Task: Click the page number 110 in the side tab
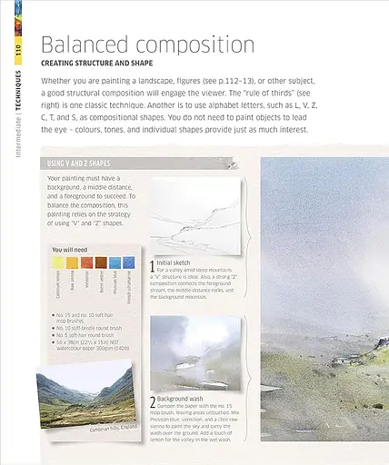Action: [x=17, y=52]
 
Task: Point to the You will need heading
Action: [x=70, y=248]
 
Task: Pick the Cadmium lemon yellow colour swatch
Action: [x=57, y=261]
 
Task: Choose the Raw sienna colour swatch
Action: [x=72, y=261]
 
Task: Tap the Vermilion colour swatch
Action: [x=87, y=261]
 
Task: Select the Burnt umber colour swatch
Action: [x=102, y=261]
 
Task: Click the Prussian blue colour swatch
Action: [x=116, y=261]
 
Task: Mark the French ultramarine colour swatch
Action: [x=131, y=261]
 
